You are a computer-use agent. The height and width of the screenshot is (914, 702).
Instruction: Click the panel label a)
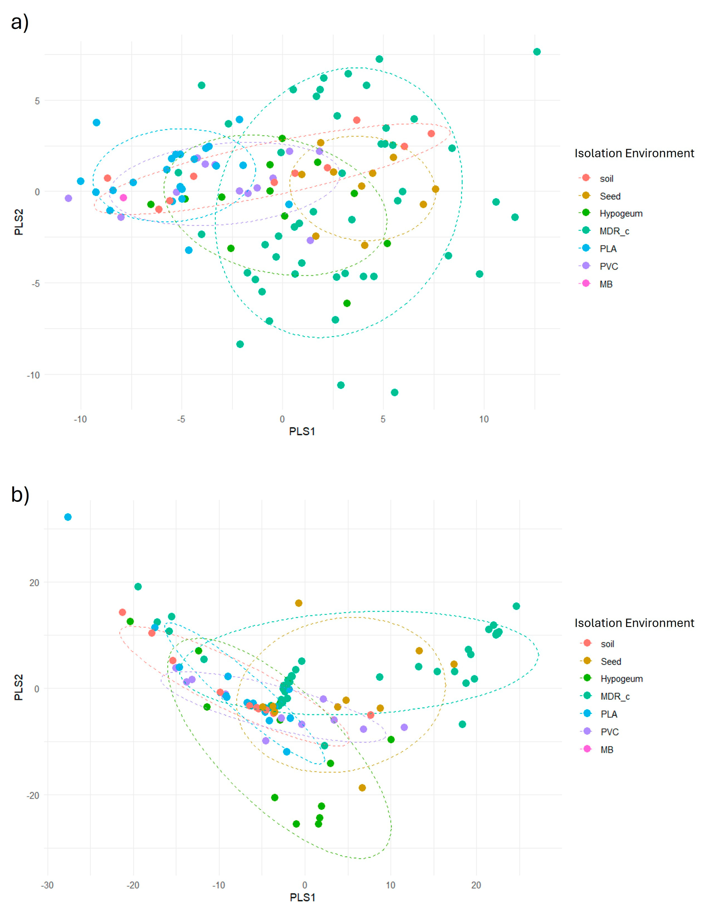click(x=20, y=22)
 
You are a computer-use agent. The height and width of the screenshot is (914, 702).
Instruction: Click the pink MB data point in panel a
click(x=123, y=197)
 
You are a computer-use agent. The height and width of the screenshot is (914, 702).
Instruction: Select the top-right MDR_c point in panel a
click(x=537, y=52)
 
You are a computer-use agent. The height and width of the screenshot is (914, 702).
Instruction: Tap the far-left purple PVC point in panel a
click(x=68, y=198)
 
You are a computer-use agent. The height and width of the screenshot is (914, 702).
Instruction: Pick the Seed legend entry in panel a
click(x=610, y=196)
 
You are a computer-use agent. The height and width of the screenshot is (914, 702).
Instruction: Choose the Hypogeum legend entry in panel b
click(x=621, y=679)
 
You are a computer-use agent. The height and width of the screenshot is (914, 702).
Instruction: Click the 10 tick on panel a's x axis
click(x=484, y=419)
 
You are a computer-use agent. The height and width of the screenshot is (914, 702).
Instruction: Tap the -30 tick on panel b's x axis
click(x=47, y=885)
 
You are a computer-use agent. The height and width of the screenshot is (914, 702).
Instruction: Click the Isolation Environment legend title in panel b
click(x=634, y=623)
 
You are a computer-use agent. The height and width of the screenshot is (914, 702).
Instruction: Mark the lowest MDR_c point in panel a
click(x=395, y=392)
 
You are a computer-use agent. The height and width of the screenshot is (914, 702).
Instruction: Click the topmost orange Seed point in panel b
click(x=298, y=603)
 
